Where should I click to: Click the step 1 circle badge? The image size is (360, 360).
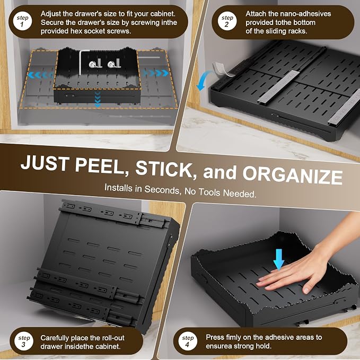(22, 22)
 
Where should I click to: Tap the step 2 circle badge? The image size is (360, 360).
(227, 22)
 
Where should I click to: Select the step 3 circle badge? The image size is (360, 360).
(24, 341)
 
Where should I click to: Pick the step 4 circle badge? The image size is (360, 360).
(188, 341)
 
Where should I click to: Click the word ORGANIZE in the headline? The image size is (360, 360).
(293, 175)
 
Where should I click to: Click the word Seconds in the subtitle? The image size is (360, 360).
(161, 190)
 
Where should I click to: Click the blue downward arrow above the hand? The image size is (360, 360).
(279, 259)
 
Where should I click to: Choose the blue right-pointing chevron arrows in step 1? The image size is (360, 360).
(155, 73)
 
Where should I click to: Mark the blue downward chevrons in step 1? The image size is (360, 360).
(98, 99)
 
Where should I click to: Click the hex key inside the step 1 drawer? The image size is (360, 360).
(81, 63)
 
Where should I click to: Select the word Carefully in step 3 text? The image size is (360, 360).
(55, 338)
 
